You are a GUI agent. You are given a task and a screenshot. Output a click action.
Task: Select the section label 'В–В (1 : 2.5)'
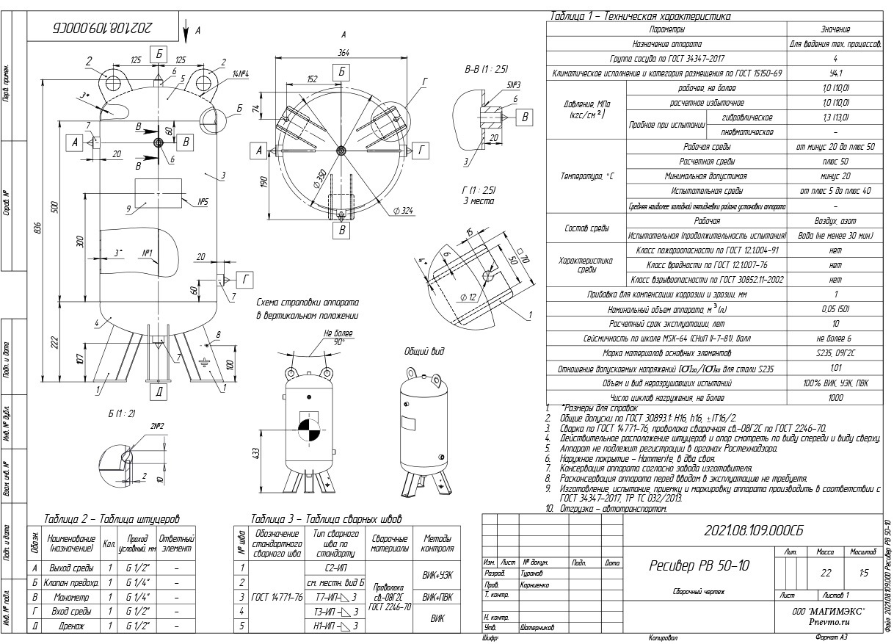pyautogui.click(x=486, y=68)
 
